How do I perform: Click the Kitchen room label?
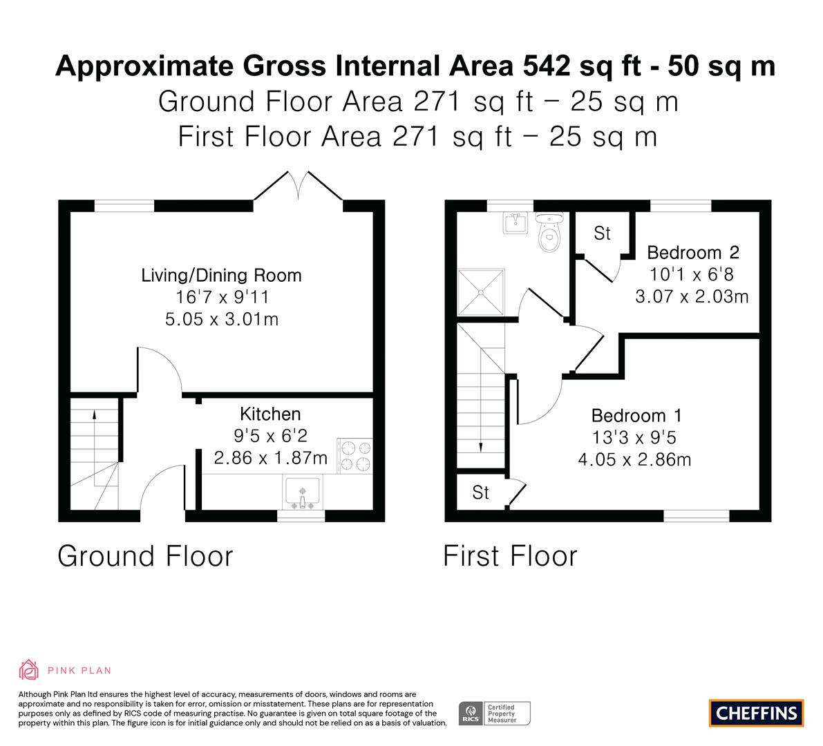click(270, 414)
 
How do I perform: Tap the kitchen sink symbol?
click(302, 492)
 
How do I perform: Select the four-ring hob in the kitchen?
click(354, 455)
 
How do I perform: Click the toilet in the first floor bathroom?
click(549, 235)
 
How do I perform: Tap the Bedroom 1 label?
click(636, 415)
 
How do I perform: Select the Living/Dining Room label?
click(221, 275)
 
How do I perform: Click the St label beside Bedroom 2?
click(602, 233)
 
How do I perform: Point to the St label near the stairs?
click(480, 492)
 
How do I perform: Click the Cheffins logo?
click(756, 713)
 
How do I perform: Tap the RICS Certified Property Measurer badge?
click(495, 713)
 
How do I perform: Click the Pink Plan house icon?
click(28, 669)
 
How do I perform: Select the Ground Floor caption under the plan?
click(145, 556)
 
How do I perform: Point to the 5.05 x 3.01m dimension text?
click(221, 319)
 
